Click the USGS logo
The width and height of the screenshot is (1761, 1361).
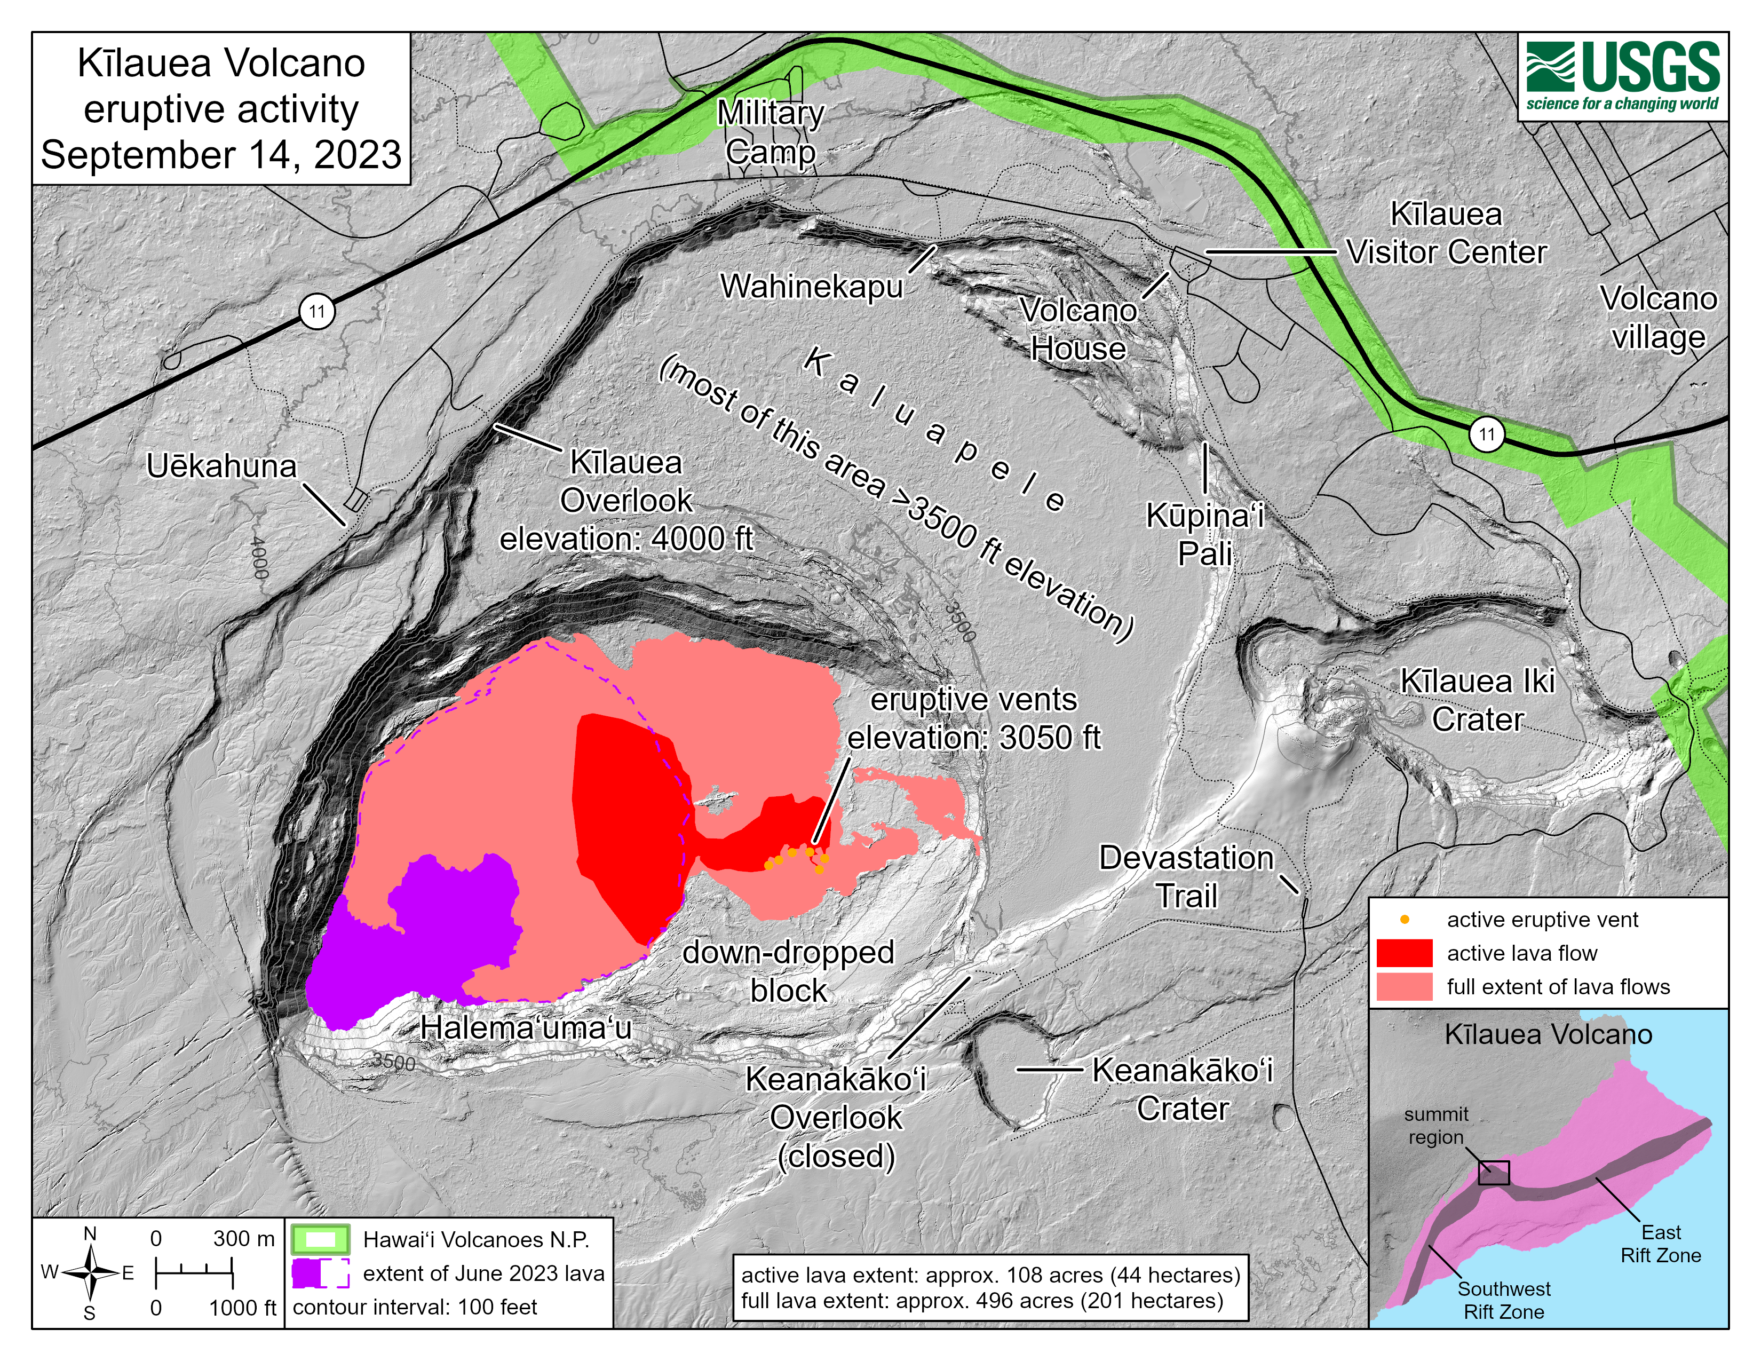click(1622, 77)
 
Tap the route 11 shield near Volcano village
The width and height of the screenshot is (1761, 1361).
click(1486, 434)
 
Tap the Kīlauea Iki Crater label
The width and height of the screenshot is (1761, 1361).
click(1477, 700)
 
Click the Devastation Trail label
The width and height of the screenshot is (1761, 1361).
click(1186, 876)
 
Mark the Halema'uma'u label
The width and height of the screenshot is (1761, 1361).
click(526, 1028)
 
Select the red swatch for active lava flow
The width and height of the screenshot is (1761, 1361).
click(1404, 953)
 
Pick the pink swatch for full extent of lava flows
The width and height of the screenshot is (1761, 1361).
click(1404, 987)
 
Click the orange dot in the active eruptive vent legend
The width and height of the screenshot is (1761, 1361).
click(1405, 919)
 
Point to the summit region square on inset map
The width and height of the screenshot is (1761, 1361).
click(1493, 1173)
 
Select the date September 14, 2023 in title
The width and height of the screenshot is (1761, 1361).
click(221, 155)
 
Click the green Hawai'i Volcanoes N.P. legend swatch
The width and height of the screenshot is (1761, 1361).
click(320, 1239)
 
